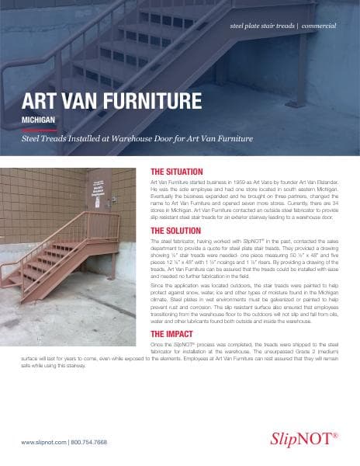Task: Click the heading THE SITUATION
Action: pos(176,171)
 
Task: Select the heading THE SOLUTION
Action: pos(175,231)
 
